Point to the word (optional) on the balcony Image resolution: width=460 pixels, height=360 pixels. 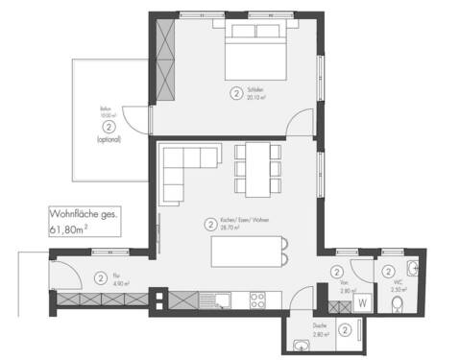(x=109, y=140)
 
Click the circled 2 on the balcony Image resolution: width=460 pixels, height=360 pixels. (x=109, y=126)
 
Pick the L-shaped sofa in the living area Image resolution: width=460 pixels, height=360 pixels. (x=188, y=169)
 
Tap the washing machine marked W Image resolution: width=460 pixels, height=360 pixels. (x=361, y=301)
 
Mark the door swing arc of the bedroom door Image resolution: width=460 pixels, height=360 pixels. (x=303, y=122)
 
